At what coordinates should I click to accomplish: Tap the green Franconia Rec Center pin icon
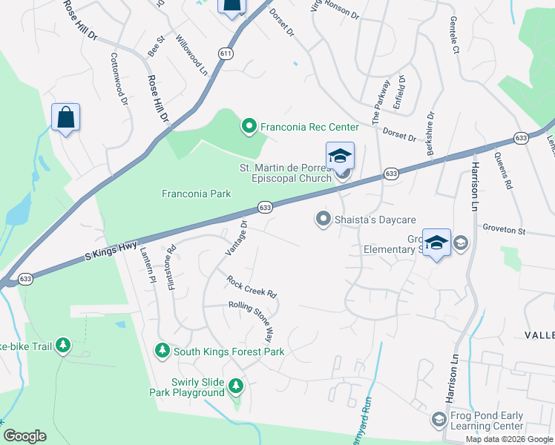[249, 127]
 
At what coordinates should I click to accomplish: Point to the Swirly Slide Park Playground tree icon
[236, 386]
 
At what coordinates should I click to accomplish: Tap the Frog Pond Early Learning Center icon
[439, 421]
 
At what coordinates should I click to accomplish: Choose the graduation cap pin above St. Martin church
[340, 156]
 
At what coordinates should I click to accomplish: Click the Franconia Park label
[197, 194]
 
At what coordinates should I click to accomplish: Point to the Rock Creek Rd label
[252, 287]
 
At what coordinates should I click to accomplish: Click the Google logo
[24, 436]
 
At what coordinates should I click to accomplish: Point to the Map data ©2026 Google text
[508, 439]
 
